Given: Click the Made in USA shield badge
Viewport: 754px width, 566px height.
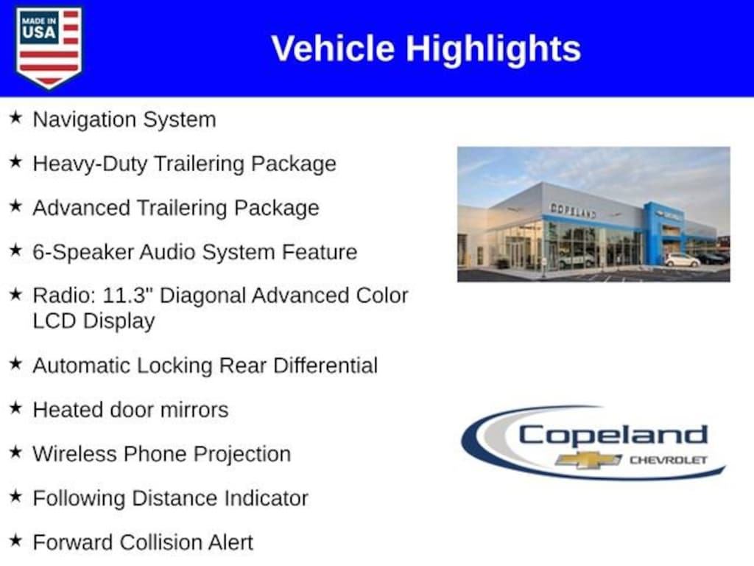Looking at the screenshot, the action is tap(49, 47).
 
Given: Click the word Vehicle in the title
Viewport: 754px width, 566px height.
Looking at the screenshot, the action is tap(333, 49).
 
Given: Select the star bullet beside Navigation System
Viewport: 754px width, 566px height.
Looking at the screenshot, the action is tap(16, 117).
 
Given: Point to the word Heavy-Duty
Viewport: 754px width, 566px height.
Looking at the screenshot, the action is tap(90, 164).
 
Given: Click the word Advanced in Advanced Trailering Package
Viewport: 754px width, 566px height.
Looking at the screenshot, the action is tap(82, 208).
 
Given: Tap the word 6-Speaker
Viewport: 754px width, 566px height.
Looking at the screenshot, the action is tap(82, 253).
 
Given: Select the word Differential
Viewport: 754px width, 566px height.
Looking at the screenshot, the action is tap(325, 366).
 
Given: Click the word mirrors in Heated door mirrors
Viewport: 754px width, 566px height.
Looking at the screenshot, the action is tap(194, 410).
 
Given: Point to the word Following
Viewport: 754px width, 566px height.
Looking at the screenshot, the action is tap(79, 499).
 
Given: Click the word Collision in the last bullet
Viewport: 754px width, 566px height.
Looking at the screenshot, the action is tap(161, 542).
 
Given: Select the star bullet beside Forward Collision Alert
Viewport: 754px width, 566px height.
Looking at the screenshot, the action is tap(16, 540).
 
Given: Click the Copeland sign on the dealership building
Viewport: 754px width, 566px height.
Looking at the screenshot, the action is tap(573, 211).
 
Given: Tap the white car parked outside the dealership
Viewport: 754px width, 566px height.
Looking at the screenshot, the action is tap(683, 260).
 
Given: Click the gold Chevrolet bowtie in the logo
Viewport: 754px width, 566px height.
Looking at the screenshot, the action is tap(588, 460).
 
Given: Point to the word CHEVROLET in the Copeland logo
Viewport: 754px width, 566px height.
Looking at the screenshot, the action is tap(669, 461).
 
